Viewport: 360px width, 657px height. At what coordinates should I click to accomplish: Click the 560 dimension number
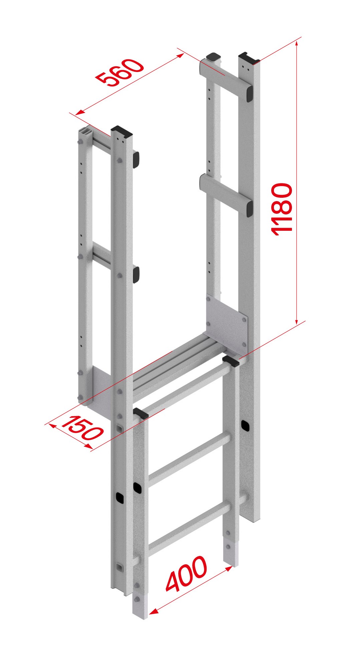click(x=120, y=72)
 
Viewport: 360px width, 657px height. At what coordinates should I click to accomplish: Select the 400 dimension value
click(x=187, y=573)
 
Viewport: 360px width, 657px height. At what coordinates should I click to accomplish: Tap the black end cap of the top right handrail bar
click(x=249, y=94)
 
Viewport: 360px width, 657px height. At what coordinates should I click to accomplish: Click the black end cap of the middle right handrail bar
click(x=249, y=209)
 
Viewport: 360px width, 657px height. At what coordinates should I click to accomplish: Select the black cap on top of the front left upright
click(x=121, y=131)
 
